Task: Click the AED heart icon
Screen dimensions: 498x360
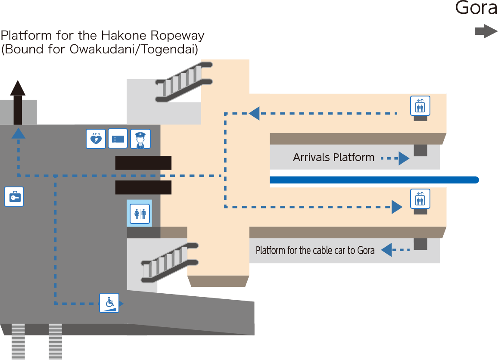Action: [96, 139]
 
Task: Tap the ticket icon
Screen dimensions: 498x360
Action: [118, 138]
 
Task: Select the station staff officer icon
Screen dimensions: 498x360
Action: [140, 139]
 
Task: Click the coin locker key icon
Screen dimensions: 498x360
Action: [14, 196]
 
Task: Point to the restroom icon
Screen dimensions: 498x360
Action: [140, 214]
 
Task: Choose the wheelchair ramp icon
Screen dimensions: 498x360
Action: [109, 303]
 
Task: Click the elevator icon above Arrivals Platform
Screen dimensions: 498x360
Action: [420, 106]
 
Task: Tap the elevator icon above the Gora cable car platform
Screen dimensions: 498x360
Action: [420, 199]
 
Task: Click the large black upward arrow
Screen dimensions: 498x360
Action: [18, 102]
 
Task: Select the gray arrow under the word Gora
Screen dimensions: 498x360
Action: [486, 31]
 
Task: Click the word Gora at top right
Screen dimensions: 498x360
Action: [476, 7]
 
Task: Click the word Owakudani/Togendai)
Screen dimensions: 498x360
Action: [134, 50]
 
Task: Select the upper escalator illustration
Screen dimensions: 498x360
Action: [184, 82]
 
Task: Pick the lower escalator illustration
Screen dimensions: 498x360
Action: [170, 263]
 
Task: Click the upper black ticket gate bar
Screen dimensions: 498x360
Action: [143, 163]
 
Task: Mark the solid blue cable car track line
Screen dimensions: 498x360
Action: [374, 180]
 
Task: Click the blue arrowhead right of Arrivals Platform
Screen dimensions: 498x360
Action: [404, 158]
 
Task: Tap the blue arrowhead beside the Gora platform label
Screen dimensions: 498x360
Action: [386, 250]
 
